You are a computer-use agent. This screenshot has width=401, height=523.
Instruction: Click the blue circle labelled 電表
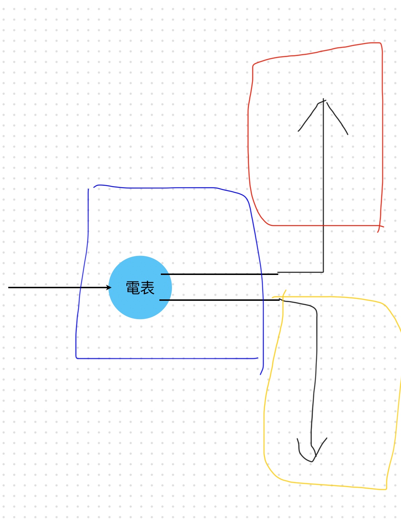(x=140, y=288)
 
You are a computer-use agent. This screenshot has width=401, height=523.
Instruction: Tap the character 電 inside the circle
(x=133, y=288)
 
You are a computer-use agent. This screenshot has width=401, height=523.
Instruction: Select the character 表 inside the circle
(x=147, y=288)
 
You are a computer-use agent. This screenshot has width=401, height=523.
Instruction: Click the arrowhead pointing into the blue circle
(x=109, y=288)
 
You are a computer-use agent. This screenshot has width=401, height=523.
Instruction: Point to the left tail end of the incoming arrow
(x=8, y=288)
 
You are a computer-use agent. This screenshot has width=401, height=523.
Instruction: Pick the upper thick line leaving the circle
(x=219, y=274)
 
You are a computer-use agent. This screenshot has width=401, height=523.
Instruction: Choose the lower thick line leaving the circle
(x=219, y=300)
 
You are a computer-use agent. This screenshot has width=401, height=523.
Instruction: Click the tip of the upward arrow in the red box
(x=323, y=99)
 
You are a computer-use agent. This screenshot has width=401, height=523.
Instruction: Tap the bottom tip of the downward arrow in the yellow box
(x=312, y=461)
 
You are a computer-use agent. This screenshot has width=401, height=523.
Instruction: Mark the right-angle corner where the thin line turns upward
(x=323, y=272)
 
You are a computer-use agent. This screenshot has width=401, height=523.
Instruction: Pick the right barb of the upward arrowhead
(x=337, y=118)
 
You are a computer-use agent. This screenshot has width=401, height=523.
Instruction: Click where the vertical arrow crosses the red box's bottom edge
(x=323, y=225)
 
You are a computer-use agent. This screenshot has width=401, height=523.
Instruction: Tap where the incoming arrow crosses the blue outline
(x=80, y=288)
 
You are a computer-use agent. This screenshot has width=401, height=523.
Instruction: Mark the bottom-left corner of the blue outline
(x=76, y=358)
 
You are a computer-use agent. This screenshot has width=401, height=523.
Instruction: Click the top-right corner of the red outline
(x=381, y=43)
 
